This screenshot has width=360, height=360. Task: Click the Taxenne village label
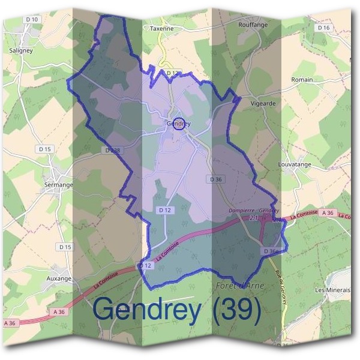coord(162,28)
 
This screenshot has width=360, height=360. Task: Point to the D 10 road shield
coord(32,20)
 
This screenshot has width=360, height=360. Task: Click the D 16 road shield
coord(323,28)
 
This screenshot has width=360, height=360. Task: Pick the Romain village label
coord(302,79)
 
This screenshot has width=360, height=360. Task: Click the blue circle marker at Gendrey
coord(178,124)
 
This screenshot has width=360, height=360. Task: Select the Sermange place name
coord(58,185)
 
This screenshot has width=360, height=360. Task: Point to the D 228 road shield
coord(112,150)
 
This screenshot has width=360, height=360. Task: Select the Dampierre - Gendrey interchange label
coord(254,211)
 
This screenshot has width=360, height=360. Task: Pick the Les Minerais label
coord(332,290)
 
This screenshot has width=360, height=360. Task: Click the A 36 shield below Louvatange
coord(328,213)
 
